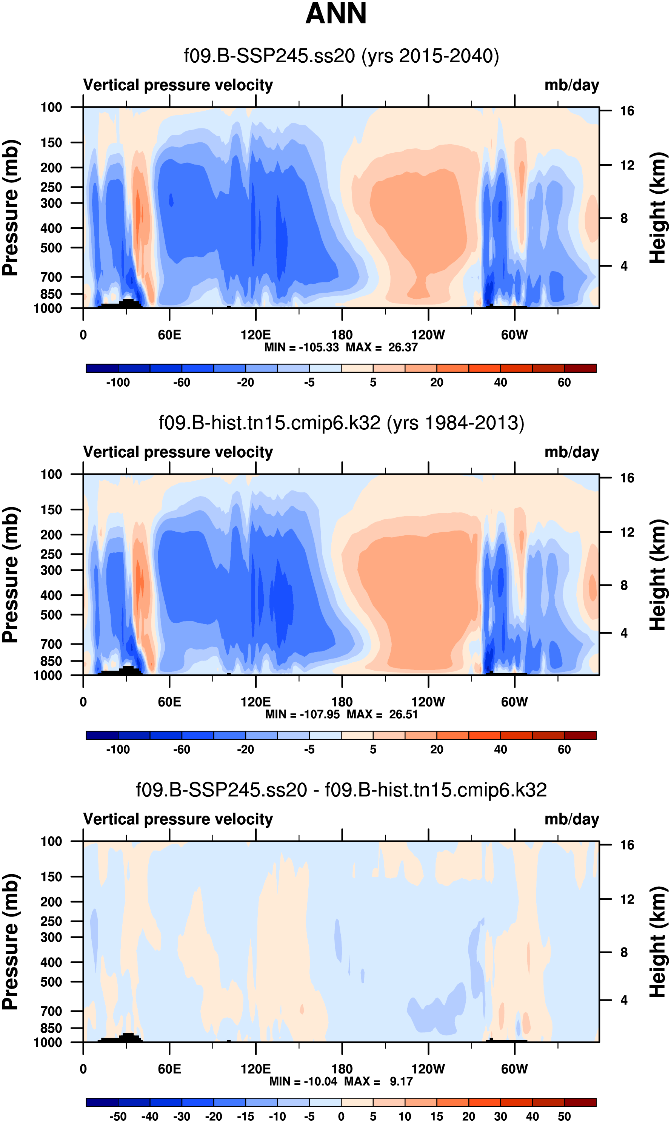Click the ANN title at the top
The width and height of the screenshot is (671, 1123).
(x=335, y=14)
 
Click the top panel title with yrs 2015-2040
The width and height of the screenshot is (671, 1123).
(x=342, y=56)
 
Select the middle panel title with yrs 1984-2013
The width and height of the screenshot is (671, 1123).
(x=342, y=423)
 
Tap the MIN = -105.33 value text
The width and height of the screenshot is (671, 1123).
(x=301, y=347)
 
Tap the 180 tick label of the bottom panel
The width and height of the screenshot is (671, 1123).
(x=342, y=1069)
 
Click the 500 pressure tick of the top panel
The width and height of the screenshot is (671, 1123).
(x=51, y=248)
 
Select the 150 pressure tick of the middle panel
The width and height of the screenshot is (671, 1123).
(x=51, y=510)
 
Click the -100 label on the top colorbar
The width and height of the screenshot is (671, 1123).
(x=118, y=383)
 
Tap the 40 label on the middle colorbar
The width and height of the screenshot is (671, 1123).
(x=500, y=750)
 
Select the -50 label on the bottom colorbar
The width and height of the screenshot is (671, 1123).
(x=118, y=1116)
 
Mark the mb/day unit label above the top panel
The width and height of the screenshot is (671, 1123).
(x=571, y=85)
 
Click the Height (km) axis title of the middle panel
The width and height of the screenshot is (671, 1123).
(x=657, y=574)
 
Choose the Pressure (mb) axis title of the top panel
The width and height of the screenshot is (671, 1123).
(x=10, y=208)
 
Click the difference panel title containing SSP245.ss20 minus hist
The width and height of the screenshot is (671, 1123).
(x=342, y=790)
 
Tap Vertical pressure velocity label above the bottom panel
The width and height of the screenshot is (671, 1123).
(x=178, y=819)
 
